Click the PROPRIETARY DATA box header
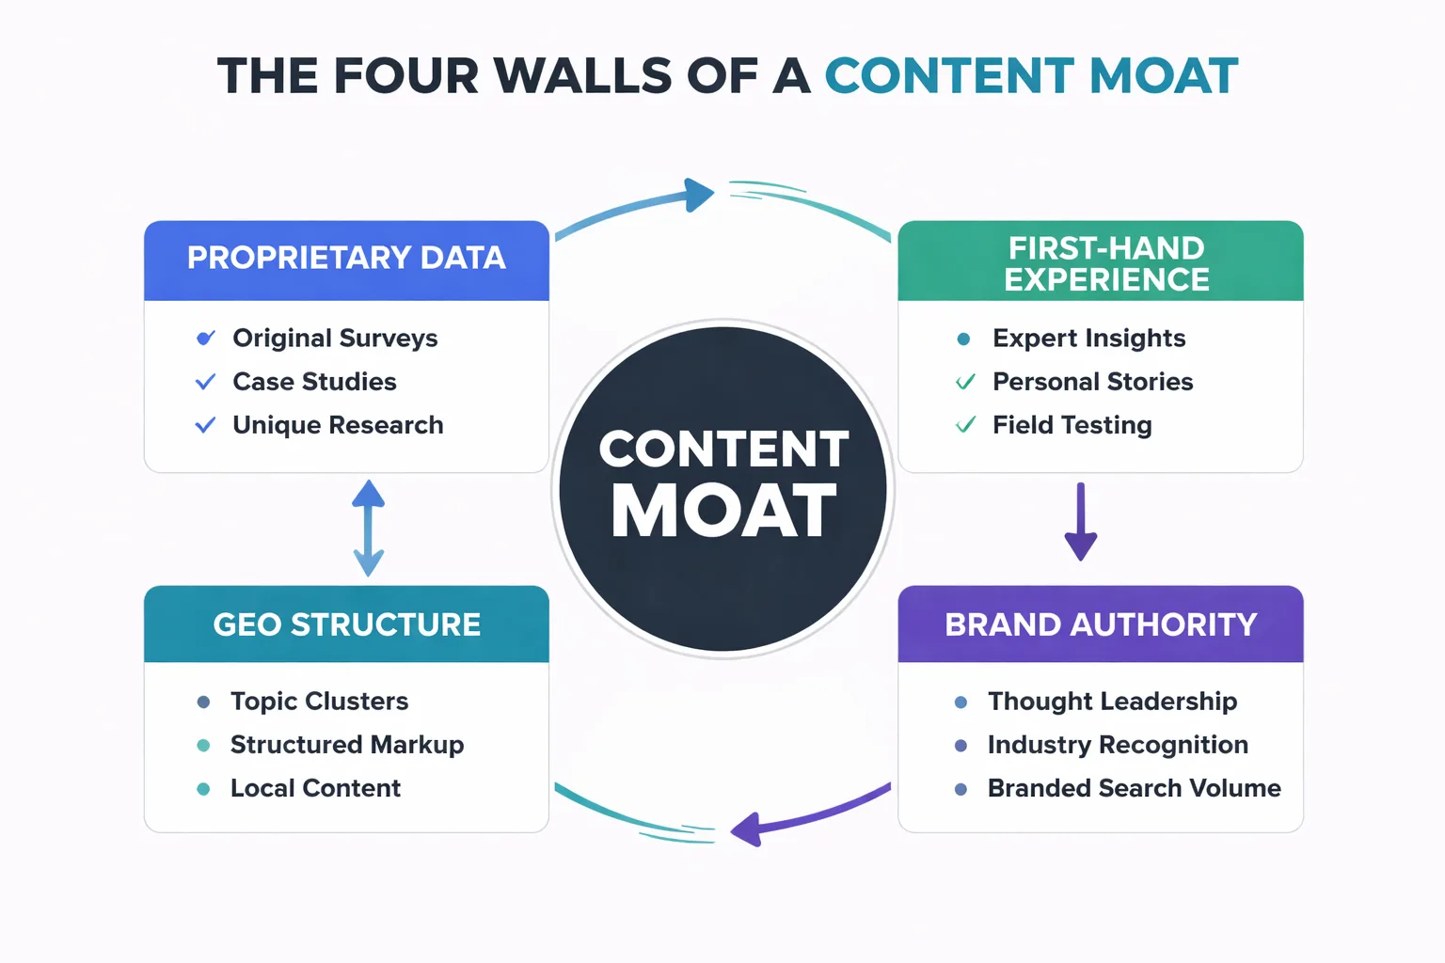click(x=346, y=259)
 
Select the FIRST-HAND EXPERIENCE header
click(x=1106, y=263)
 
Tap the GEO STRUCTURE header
click(x=346, y=624)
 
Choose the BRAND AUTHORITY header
click(x=1101, y=624)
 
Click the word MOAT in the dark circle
click(x=722, y=513)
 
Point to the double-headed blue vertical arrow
click(x=368, y=528)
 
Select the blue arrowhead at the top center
click(x=698, y=195)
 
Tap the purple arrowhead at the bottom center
click(x=747, y=829)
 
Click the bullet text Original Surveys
click(x=335, y=338)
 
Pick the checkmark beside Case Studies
click(x=205, y=382)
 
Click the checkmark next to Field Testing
click(x=965, y=425)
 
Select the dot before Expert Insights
click(x=963, y=339)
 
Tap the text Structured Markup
click(x=347, y=745)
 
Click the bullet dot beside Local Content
click(x=203, y=789)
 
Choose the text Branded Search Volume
click(x=1134, y=788)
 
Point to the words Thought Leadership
click(x=1112, y=702)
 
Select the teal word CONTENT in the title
click(x=949, y=76)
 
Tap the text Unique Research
click(x=338, y=425)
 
